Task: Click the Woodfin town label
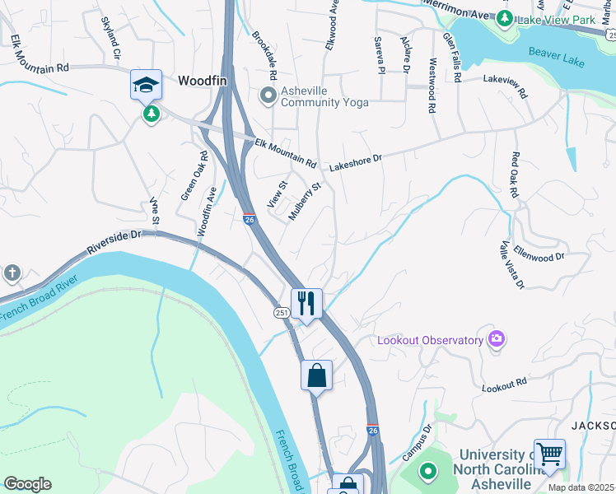203,82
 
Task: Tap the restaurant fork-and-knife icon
306,303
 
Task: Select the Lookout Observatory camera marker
496,339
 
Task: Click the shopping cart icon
549,453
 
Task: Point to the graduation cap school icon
145,84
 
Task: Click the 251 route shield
280,311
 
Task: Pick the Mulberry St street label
304,202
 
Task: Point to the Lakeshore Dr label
357,161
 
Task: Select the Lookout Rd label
504,384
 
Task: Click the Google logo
27,484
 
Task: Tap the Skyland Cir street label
110,38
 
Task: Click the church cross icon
12,273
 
